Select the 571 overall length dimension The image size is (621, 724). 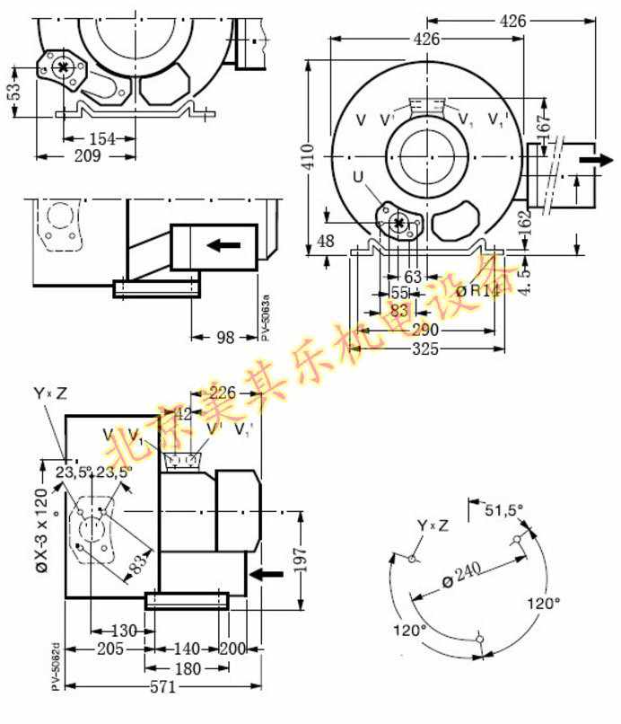pos(162,688)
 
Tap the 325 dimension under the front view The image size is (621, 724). pos(425,349)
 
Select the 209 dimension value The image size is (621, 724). pos(86,156)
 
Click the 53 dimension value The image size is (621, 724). pos(13,93)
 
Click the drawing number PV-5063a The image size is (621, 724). pos(266,316)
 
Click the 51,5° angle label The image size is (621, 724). pos(503,510)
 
